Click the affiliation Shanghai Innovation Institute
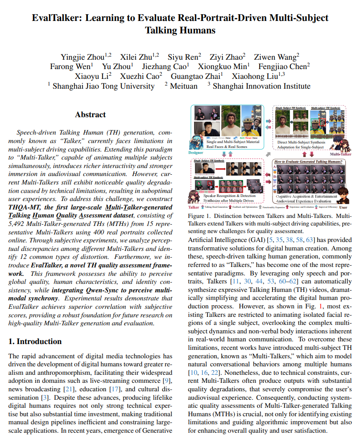pyautogui.click(x=261, y=86)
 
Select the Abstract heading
pyautogui.click(x=90, y=115)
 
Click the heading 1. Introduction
pyautogui.click(x=35, y=341)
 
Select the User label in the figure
pyautogui.click(x=343, y=207)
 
